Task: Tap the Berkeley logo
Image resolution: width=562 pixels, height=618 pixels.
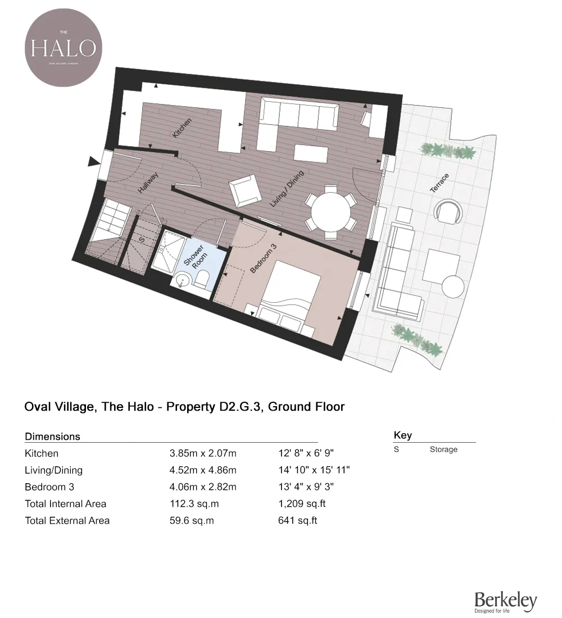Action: point(505,602)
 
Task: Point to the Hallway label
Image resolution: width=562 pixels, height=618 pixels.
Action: point(148,183)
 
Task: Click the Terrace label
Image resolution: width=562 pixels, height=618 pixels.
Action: point(439,184)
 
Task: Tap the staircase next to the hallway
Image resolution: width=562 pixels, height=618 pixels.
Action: point(111,225)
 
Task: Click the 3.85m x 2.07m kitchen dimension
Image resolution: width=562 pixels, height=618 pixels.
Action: point(203,453)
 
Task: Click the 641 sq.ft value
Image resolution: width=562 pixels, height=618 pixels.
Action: point(297,520)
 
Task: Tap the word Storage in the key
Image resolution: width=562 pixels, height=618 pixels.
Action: point(443,449)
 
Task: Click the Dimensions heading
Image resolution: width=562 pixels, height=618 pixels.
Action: point(52,437)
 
